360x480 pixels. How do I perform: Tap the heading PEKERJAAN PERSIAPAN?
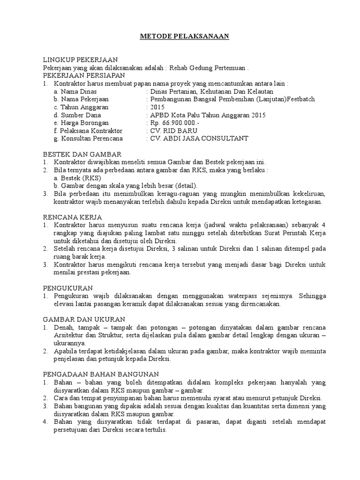[83, 75]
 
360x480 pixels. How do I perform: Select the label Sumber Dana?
[81, 115]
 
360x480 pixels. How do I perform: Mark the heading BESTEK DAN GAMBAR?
[82, 154]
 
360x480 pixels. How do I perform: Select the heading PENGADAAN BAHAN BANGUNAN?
[101, 374]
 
